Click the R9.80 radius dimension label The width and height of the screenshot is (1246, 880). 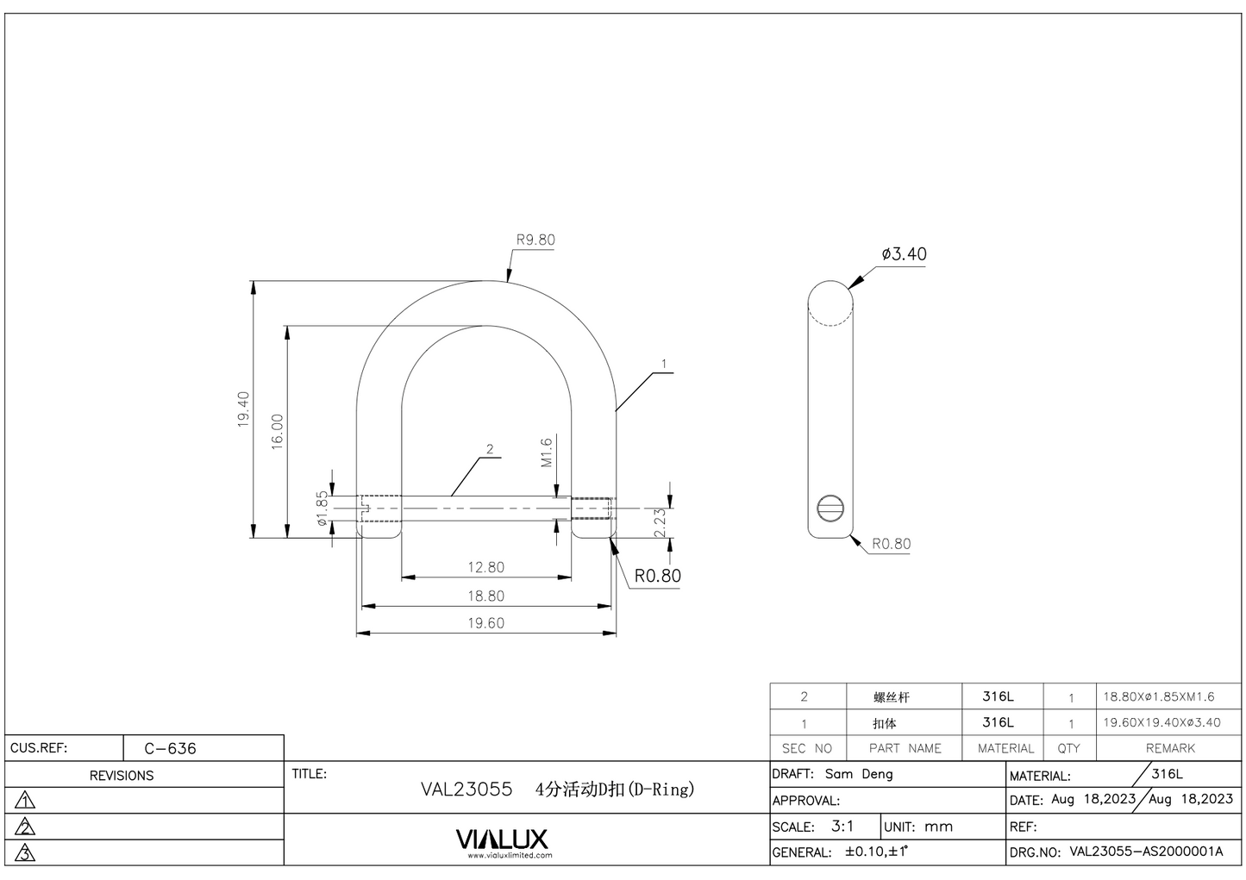point(535,240)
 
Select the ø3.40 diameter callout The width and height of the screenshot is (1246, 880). point(904,254)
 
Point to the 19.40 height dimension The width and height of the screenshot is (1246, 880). point(243,409)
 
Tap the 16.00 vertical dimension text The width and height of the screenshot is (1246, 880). point(277,431)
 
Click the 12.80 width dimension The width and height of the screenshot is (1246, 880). point(485,568)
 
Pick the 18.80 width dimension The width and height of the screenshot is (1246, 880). point(485,596)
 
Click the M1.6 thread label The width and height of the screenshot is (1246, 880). point(546,452)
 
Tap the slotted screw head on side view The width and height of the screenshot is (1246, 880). point(830,509)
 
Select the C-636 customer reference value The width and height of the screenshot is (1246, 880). point(171,749)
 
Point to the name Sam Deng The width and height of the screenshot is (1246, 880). point(859,775)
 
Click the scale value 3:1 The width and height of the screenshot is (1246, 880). point(842,827)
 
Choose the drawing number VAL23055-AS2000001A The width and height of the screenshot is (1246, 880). point(1146,852)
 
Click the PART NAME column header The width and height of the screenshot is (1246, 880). point(905,749)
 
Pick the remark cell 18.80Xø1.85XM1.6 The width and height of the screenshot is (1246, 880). point(1159,697)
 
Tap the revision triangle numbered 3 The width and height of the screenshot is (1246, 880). point(26,853)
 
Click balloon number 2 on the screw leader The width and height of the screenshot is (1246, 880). point(490,449)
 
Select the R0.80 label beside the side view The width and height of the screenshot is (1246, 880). point(891,545)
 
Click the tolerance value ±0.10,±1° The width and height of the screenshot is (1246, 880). point(876,852)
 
